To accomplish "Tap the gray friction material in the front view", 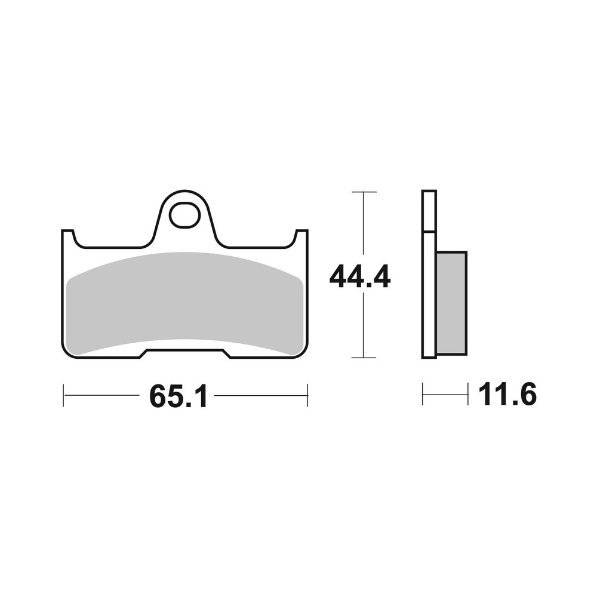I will (185, 301).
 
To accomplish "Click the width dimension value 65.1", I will (178, 395).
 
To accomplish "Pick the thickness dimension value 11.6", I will (507, 395).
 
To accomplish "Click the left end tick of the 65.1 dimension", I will (63, 395).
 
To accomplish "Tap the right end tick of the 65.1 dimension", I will (307, 395).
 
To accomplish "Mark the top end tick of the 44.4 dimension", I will (364, 192).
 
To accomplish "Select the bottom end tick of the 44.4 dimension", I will (364, 358).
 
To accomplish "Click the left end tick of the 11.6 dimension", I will (423, 395).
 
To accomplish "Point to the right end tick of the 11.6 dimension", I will (467, 395).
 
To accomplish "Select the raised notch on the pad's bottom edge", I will (185, 352).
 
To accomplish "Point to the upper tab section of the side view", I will (429, 210).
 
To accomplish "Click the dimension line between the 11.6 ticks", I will (445, 395).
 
